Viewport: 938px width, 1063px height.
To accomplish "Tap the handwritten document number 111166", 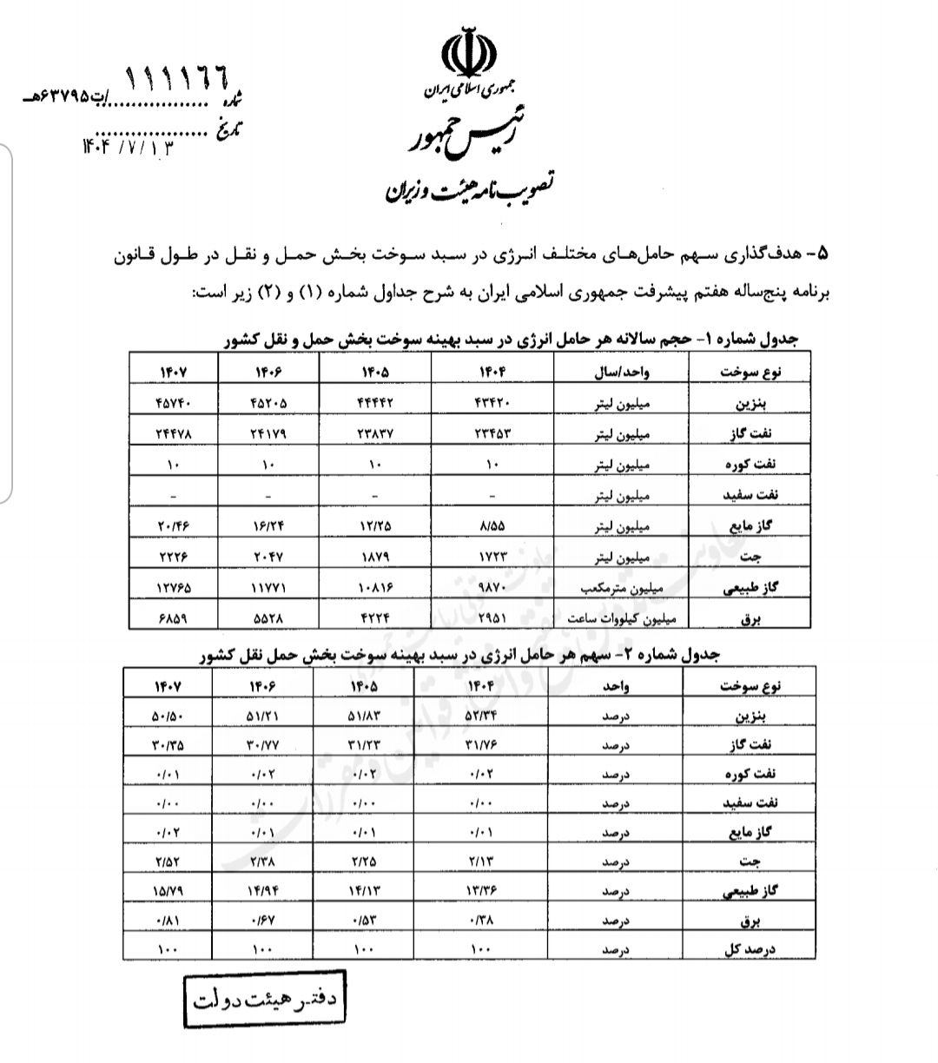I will (179, 81).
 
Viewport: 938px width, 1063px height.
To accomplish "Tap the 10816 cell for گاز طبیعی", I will (375, 587).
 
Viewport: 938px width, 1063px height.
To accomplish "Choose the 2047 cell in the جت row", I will (269, 556).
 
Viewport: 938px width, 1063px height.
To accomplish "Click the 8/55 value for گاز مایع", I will (492, 525).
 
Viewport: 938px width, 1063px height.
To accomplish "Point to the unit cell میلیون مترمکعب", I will (624, 587).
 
